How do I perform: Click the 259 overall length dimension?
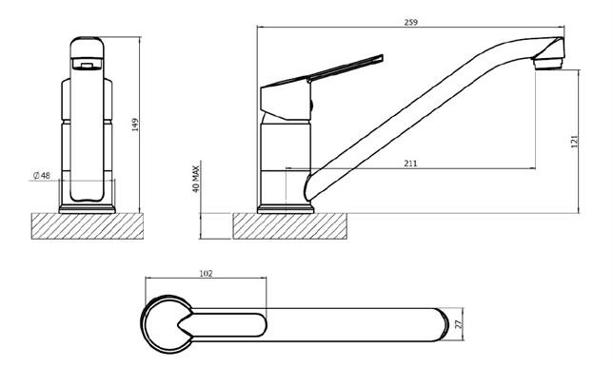(410, 22)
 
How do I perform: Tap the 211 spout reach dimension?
(410, 164)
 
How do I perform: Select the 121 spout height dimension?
(574, 142)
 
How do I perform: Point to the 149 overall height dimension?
(135, 125)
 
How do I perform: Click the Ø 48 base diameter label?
(42, 176)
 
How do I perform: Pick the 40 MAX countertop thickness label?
(196, 179)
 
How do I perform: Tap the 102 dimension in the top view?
(206, 273)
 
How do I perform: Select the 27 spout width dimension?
(459, 323)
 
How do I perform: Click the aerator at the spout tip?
(549, 64)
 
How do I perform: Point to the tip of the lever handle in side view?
(382, 57)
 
